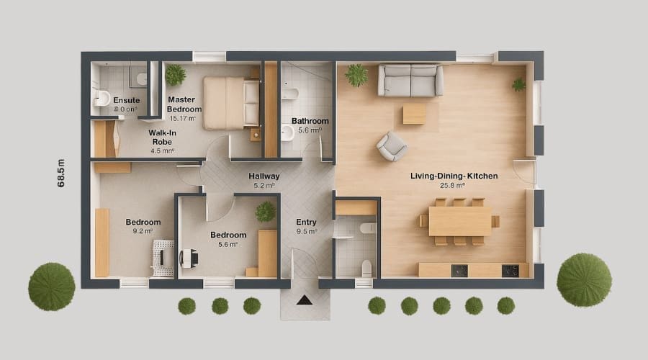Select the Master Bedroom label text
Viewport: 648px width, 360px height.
click(184, 104)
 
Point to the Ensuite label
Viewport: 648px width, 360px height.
click(126, 100)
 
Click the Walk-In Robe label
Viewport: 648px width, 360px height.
click(163, 138)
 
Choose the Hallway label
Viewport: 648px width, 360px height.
click(264, 176)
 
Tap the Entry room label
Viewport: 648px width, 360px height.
click(306, 222)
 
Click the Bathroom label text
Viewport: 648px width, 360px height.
click(310, 121)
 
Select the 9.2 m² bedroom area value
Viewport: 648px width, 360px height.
click(143, 231)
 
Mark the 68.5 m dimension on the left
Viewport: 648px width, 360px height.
click(61, 174)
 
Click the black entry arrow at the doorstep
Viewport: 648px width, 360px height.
click(304, 300)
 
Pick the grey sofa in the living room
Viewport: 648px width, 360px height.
click(410, 80)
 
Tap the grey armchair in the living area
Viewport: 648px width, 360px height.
click(392, 146)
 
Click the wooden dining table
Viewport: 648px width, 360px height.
click(459, 221)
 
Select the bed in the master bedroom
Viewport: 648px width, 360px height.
click(231, 103)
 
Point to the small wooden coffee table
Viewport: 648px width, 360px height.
click(414, 114)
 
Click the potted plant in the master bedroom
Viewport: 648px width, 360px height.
click(175, 74)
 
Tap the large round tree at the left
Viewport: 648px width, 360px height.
click(52, 286)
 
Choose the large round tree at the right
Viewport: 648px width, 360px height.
click(583, 279)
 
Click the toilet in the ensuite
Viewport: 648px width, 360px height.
click(103, 98)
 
